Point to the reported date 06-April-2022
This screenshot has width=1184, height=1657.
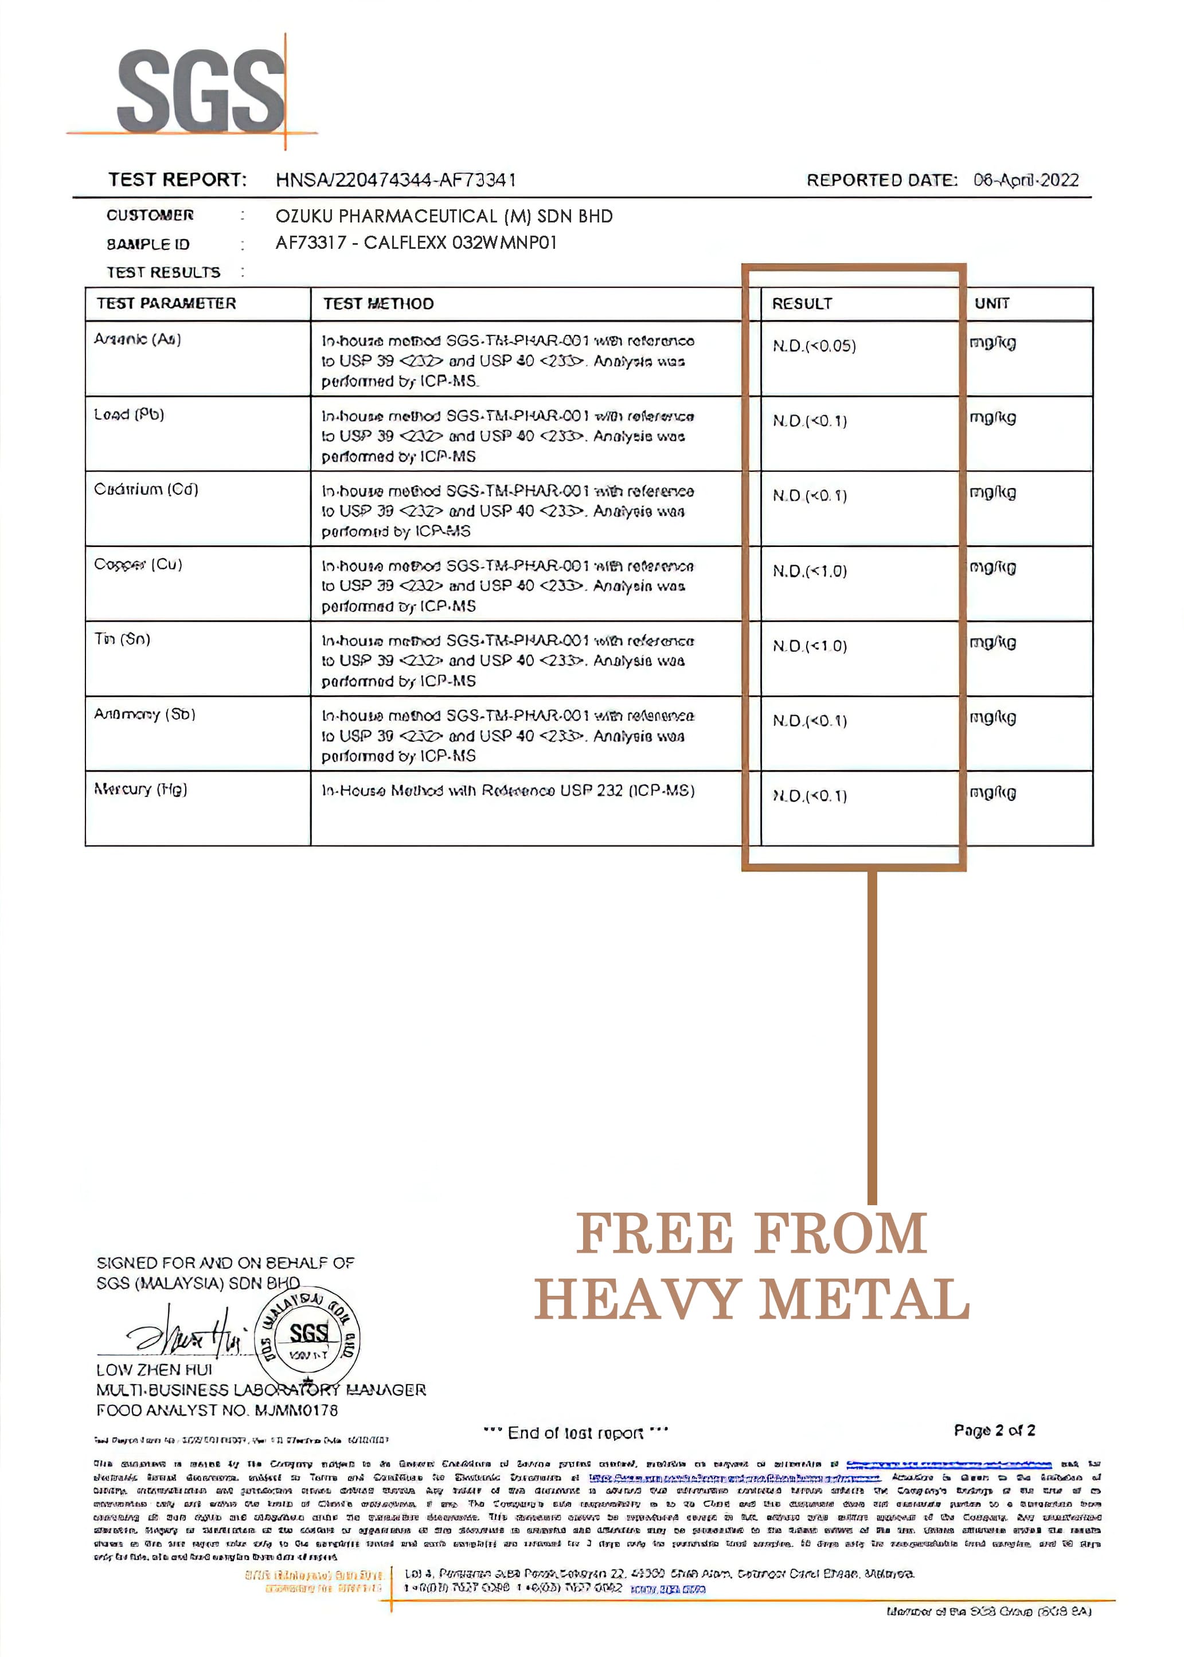point(1026,180)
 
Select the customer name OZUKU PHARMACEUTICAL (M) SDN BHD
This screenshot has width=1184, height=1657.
point(444,217)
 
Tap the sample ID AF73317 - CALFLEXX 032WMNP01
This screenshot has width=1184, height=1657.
point(416,243)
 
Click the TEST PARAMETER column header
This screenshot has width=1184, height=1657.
point(166,303)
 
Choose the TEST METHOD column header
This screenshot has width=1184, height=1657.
point(378,304)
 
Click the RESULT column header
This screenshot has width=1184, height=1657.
point(802,304)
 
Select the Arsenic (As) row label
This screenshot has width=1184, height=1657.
point(138,339)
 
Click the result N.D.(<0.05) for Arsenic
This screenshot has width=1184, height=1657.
point(814,346)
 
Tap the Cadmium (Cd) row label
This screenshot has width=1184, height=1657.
point(146,489)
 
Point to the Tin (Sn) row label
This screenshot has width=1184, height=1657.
point(123,639)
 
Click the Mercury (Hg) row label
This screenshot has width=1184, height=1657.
point(140,790)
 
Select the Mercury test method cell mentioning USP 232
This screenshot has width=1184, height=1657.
point(508,791)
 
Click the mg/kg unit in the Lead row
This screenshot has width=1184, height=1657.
point(992,419)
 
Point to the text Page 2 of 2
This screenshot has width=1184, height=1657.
point(994,1431)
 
